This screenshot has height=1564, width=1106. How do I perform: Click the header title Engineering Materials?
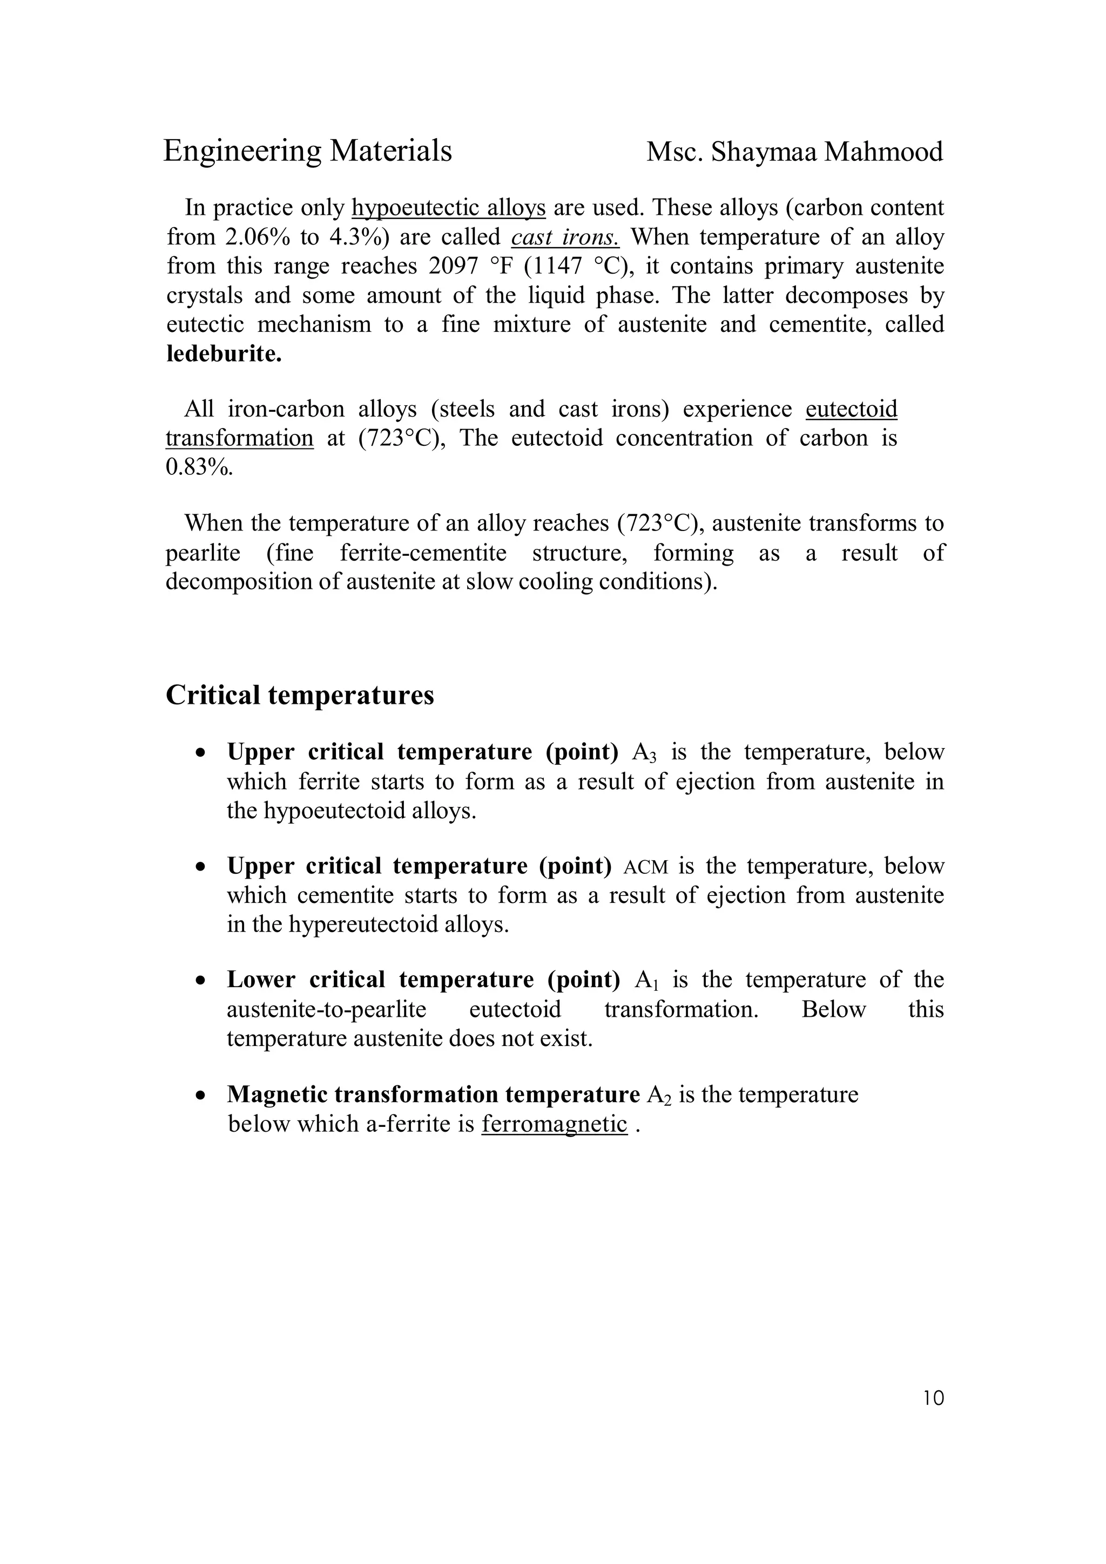click(307, 151)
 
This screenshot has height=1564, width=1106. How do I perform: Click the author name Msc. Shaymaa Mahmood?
click(794, 152)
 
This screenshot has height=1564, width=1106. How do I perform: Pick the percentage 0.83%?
click(199, 468)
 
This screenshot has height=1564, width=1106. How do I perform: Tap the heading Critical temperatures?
click(300, 696)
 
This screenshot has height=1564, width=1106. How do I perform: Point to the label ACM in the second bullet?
click(645, 867)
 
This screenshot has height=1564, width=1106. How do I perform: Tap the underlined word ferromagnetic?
click(554, 1124)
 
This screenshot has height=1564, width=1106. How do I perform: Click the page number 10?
click(933, 1398)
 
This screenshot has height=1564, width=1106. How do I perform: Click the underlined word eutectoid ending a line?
click(851, 410)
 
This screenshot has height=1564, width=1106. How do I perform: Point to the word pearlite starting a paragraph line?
click(203, 553)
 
